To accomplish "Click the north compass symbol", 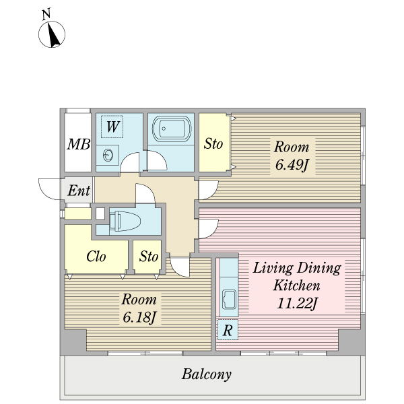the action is [x=52, y=34].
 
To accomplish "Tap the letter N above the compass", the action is [x=46, y=14].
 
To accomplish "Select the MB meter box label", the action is [x=79, y=144].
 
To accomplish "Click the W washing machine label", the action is [x=112, y=127].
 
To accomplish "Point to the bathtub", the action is [x=172, y=129].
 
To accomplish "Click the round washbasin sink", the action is [x=108, y=155].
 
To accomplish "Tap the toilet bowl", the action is [x=125, y=221].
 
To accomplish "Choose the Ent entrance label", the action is [x=79, y=191].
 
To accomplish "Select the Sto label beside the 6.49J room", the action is [x=213, y=143].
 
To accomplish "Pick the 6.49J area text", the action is [x=292, y=165].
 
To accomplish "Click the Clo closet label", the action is [x=96, y=257].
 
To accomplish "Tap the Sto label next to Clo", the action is [x=149, y=257].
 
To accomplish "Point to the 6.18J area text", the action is [x=139, y=317].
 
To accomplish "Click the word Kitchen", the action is [x=296, y=285].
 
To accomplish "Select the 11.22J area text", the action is [x=296, y=303].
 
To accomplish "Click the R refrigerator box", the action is [x=228, y=330].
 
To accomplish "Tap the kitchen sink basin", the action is [x=229, y=299].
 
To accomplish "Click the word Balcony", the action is [x=207, y=374].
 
